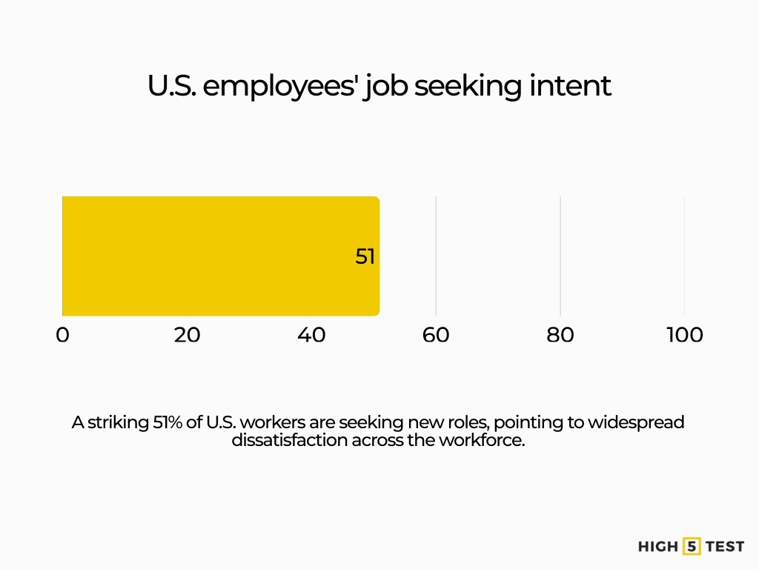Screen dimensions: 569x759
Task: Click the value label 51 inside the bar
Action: tap(365, 257)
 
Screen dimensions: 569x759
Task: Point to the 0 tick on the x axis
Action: tap(62, 335)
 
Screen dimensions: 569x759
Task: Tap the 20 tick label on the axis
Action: tap(187, 335)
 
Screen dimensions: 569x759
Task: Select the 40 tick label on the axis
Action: tap(311, 335)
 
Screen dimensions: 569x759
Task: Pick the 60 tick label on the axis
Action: tap(436, 335)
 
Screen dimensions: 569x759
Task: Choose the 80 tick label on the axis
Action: tap(560, 335)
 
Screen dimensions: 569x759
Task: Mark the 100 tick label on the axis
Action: tap(684, 335)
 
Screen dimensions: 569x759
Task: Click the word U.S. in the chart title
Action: tap(171, 86)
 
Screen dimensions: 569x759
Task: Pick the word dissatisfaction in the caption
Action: tap(289, 439)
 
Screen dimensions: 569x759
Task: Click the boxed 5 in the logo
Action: tap(692, 547)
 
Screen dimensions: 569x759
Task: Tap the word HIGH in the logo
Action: tap(658, 547)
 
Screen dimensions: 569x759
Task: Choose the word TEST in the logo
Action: tap(726, 547)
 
